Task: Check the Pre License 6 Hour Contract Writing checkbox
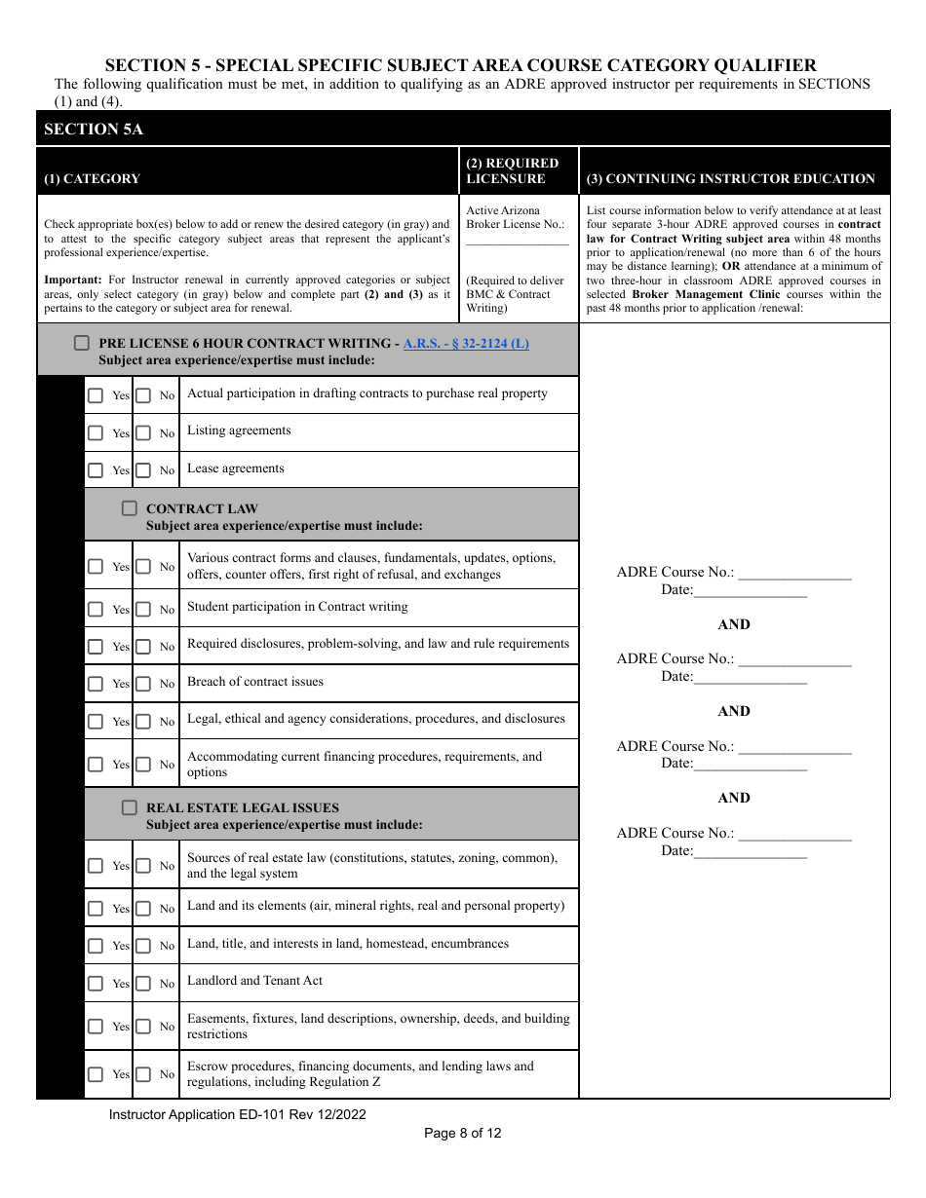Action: [x=81, y=343]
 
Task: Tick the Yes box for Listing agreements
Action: [x=96, y=432]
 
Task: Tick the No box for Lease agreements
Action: [x=143, y=470]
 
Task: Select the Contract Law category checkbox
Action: [x=129, y=508]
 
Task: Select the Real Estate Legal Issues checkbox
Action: [x=129, y=807]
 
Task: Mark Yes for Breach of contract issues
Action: [x=96, y=684]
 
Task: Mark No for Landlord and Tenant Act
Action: [x=143, y=984]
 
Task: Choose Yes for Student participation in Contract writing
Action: [x=96, y=610]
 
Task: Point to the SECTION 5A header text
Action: [x=94, y=129]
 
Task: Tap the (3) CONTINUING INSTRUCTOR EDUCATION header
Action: [x=731, y=179]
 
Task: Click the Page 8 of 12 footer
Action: [x=463, y=1133]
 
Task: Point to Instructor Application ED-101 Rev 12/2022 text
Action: [x=238, y=1114]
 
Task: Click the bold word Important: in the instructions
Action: [x=72, y=281]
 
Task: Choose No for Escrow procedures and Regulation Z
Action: [x=143, y=1074]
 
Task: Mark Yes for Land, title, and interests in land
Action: [x=96, y=946]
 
